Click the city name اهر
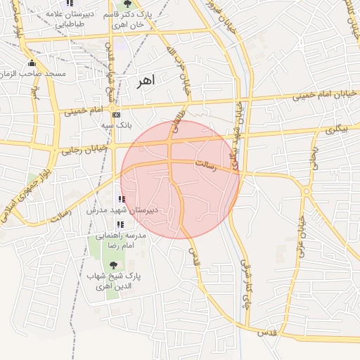coord(145,81)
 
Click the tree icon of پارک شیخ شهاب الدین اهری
coord(114,265)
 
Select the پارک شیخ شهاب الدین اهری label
coord(113,281)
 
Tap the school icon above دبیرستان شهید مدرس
coord(122,199)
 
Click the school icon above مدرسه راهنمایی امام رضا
coord(120,225)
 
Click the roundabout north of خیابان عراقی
coord(306,190)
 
